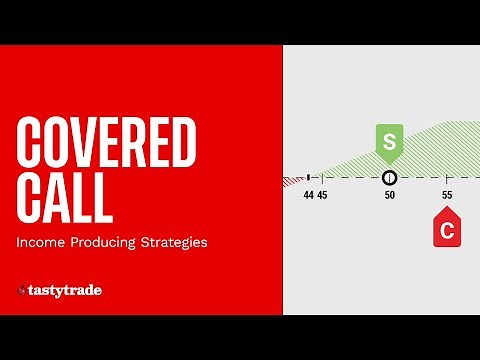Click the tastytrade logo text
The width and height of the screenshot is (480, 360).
[x=65, y=291]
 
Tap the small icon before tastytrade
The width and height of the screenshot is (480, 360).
[x=21, y=291]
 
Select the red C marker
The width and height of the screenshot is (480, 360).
[x=446, y=230]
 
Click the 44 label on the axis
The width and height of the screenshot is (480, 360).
[x=309, y=195]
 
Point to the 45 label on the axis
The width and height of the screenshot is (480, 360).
[x=322, y=195]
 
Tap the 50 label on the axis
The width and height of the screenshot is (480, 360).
[x=390, y=195]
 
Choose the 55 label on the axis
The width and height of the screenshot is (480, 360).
[x=446, y=195]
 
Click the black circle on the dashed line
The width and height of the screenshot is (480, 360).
[x=390, y=178]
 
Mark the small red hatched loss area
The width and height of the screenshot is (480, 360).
[x=293, y=181]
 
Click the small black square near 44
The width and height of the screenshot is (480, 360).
[x=309, y=177]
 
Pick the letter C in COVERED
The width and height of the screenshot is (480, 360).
[x=32, y=143]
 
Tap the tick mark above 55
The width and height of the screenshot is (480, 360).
[x=446, y=178]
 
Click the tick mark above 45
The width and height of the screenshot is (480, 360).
[x=322, y=178]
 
